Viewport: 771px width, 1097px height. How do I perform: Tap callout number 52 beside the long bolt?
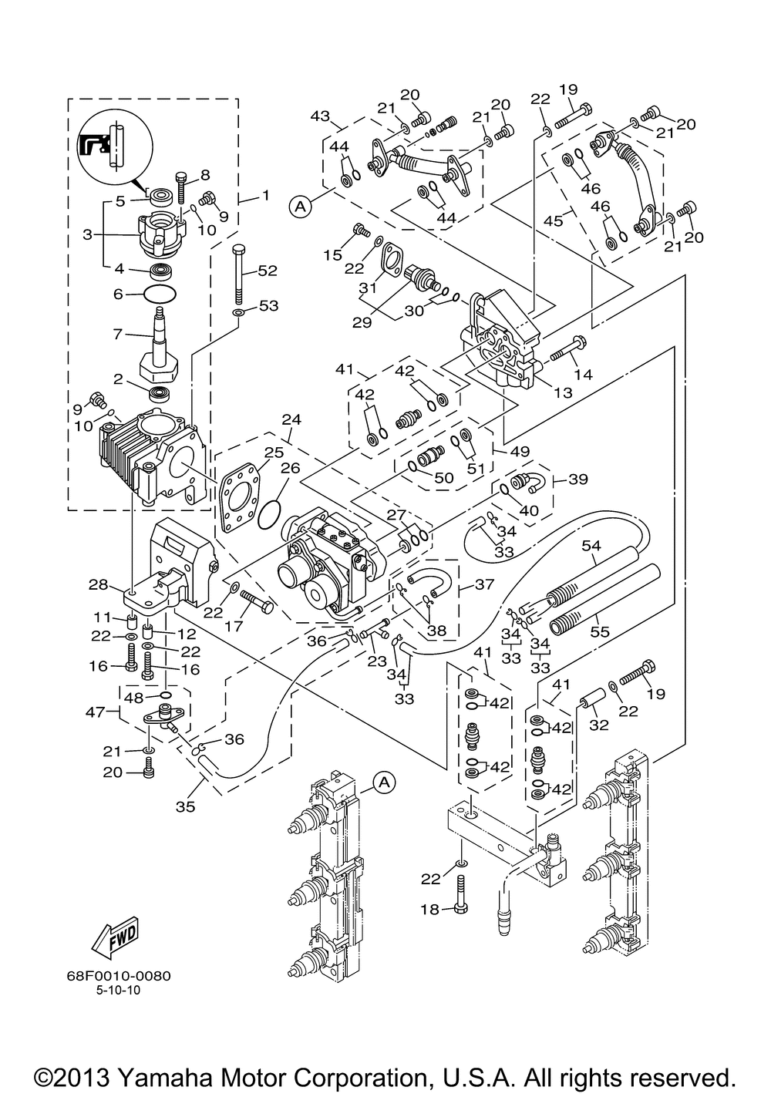[267, 271]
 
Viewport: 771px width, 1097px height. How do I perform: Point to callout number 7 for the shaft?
[117, 334]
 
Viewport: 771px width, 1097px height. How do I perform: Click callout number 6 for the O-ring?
[117, 294]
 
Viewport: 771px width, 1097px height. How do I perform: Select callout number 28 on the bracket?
[98, 584]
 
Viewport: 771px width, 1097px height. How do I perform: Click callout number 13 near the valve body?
[563, 392]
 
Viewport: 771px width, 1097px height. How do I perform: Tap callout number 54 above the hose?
[591, 545]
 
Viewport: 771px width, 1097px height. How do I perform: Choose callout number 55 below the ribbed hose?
[600, 631]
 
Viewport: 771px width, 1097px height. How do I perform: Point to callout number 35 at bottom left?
[186, 806]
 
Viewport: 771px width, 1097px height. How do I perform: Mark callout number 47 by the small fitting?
[96, 712]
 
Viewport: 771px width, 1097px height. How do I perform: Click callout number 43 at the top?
[320, 116]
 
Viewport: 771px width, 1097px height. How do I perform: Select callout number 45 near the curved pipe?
[554, 221]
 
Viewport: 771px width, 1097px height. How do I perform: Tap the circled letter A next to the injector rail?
[385, 782]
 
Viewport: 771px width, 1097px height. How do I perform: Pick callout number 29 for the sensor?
[362, 322]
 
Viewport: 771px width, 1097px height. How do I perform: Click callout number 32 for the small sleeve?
[598, 725]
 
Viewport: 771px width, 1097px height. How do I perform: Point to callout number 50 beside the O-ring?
[444, 477]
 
